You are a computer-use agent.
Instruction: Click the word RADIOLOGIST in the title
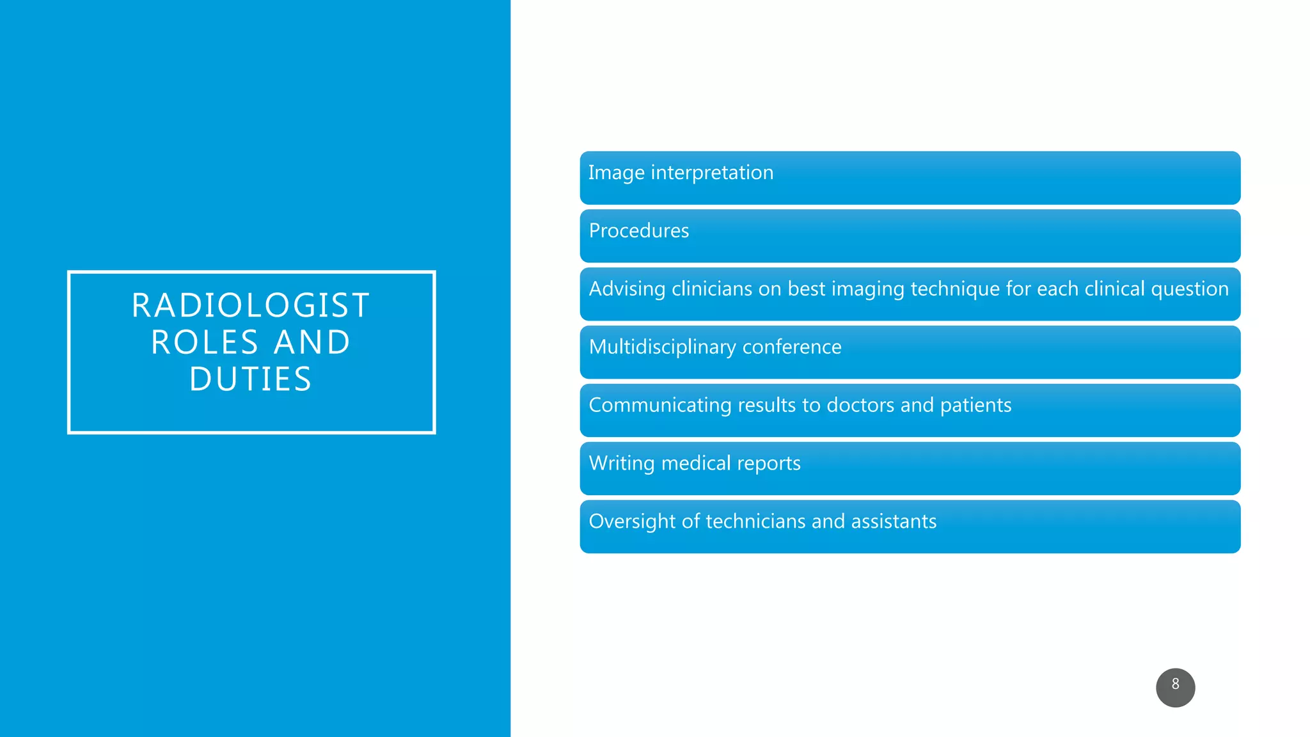pos(251,305)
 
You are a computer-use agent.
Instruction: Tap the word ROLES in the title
pos(205,342)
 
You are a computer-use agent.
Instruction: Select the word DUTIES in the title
pos(251,379)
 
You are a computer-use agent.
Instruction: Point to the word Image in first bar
pos(616,173)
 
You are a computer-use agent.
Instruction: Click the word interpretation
pos(712,173)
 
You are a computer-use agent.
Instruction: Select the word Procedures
pos(638,230)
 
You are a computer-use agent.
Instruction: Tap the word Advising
pos(627,289)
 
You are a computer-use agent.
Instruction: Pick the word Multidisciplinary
pos(662,347)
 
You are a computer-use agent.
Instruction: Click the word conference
pos(792,347)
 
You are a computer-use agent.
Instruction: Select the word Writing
pos(621,464)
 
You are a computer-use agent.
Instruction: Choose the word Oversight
pos(632,522)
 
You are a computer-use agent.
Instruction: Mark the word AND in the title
pos(312,342)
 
